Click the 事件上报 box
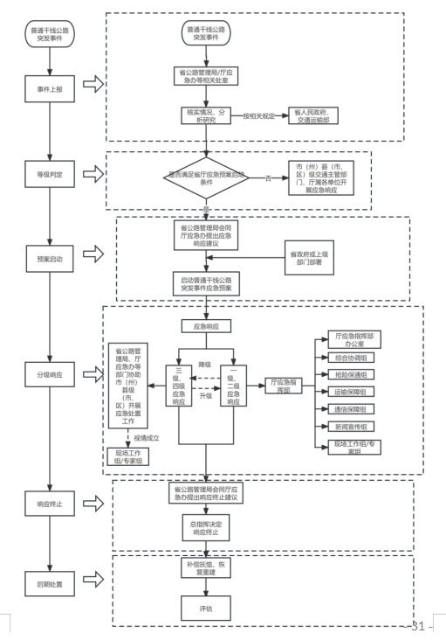tap(50, 88)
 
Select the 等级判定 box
tap(50, 174)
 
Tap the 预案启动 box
tap(50, 259)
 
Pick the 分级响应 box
tap(50, 374)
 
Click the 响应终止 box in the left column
tap(50, 504)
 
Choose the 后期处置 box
tap(50, 584)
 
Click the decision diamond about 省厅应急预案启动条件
tap(206, 178)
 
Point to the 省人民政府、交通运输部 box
tap(313, 116)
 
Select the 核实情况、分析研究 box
tap(206, 116)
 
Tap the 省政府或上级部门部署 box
tap(309, 258)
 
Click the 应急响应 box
tap(206, 326)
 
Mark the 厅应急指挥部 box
tap(284, 386)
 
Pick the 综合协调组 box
tap(351, 358)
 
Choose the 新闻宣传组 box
tap(351, 427)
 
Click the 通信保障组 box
tap(351, 409)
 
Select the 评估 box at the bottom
tap(206, 609)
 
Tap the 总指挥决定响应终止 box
tap(206, 528)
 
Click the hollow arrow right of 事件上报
tap(93, 84)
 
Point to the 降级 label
tap(205, 365)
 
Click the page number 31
tap(418, 626)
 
